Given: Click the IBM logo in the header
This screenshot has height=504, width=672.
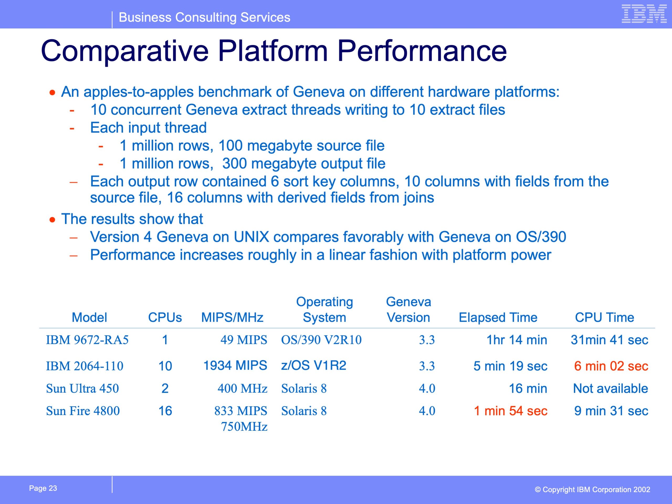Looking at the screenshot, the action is tap(644, 14).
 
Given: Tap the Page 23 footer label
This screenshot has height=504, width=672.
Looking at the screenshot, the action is tap(43, 488).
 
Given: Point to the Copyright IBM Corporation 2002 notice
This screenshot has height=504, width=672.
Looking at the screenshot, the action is tap(592, 489).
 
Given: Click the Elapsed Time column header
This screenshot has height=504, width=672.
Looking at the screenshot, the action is tap(498, 317).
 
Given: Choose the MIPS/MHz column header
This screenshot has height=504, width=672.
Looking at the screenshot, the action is tap(232, 317).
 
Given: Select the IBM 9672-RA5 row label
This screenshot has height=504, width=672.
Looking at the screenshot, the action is tap(87, 340).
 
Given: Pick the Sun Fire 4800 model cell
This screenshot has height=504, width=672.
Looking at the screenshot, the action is tap(83, 411).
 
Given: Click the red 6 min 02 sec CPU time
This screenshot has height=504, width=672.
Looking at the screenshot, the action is tap(611, 366).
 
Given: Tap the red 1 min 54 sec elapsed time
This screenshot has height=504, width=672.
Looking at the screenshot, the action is tap(511, 411).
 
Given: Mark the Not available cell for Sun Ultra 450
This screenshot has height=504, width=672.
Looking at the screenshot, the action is tap(610, 388).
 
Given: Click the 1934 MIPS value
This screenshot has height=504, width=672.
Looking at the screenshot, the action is tap(235, 365).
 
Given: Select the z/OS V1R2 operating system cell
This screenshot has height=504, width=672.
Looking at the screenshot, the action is tap(313, 365).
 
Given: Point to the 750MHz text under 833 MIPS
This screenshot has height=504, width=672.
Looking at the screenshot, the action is tap(244, 427).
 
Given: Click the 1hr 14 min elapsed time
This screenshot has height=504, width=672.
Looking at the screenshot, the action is tap(517, 340).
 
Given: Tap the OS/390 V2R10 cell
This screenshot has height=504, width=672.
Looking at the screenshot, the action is tap(321, 340).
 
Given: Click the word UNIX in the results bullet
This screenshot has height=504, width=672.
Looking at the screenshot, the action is tap(251, 237).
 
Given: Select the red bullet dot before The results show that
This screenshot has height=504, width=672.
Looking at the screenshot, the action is tap(52, 220).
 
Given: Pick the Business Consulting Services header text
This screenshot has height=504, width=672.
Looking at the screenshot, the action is tap(204, 17).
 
